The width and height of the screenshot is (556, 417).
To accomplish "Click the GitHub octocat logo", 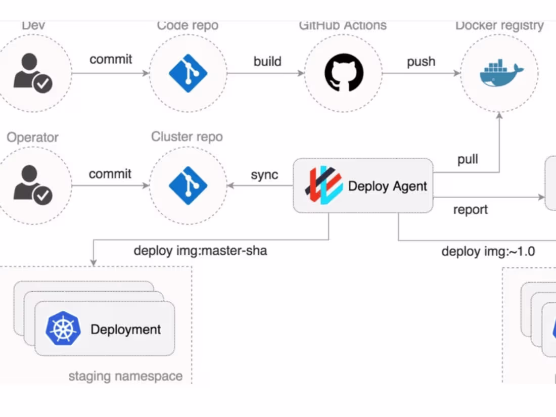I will pyautogui.click(x=344, y=73).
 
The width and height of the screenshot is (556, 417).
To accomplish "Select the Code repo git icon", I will pyautogui.click(x=188, y=73).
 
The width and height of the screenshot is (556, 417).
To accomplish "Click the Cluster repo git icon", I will pyautogui.click(x=188, y=186).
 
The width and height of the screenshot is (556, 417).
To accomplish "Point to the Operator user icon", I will pyautogui.click(x=33, y=186).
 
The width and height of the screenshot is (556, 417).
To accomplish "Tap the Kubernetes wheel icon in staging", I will pyautogui.click(x=63, y=329).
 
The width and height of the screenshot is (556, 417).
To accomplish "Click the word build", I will pyautogui.click(x=267, y=61).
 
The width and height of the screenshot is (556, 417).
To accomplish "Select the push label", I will pyautogui.click(x=421, y=61).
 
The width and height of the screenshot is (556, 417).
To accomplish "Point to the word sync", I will pyautogui.click(x=264, y=174).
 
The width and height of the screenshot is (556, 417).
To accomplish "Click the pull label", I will pyautogui.click(x=468, y=160).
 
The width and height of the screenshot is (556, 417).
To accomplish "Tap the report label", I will pyautogui.click(x=470, y=209).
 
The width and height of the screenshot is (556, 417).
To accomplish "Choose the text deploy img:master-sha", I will pyautogui.click(x=200, y=250).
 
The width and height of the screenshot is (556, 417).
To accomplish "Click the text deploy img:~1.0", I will pyautogui.click(x=488, y=251).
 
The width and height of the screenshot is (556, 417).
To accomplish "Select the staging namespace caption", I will pyautogui.click(x=125, y=376).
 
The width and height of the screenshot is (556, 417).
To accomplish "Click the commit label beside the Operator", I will pyautogui.click(x=110, y=174).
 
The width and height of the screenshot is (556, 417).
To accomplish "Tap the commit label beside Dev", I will pyautogui.click(x=111, y=59).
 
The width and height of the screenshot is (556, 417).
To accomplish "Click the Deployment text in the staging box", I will pyautogui.click(x=126, y=330).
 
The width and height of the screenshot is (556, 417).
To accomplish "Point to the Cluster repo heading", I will pyautogui.click(x=187, y=136).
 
